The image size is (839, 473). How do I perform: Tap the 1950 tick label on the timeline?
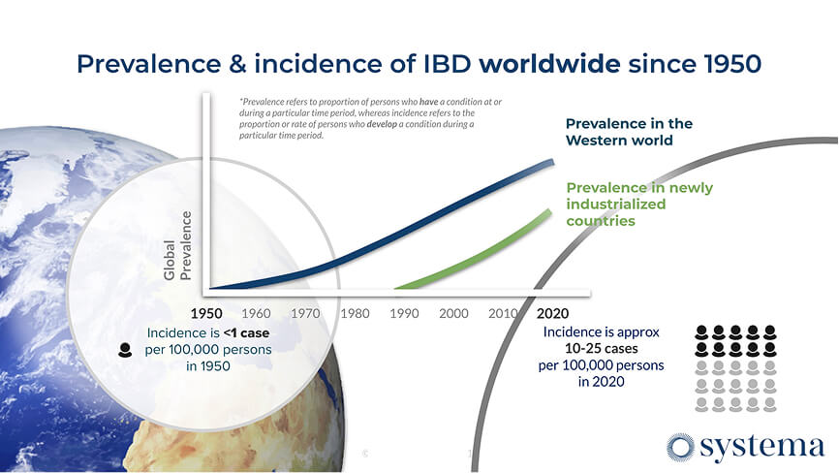[x=206, y=313]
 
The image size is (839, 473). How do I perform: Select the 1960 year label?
[x=256, y=313]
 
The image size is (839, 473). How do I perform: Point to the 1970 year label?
[x=305, y=313]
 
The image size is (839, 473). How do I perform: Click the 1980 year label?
[x=355, y=313]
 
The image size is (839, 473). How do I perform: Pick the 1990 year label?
[x=404, y=313]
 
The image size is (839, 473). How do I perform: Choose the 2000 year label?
[x=453, y=313]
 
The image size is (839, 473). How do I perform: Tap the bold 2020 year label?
[x=552, y=313]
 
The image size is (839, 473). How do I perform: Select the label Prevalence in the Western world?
[x=629, y=132]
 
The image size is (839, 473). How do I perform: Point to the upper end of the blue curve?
[x=553, y=161]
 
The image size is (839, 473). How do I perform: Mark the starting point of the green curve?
[x=396, y=288]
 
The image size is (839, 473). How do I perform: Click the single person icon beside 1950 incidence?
[x=125, y=351]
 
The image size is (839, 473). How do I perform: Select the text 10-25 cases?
[x=601, y=349]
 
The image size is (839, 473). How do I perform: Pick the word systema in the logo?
[x=762, y=448]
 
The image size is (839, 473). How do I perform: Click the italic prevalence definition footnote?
[x=369, y=118]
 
